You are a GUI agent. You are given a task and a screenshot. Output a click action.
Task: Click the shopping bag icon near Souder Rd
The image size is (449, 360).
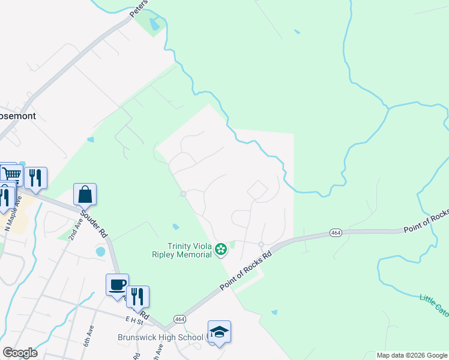point(85,194)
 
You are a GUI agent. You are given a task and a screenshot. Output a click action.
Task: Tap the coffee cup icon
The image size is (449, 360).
point(117,284)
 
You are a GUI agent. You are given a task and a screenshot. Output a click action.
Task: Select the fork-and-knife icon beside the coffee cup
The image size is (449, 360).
point(137,296)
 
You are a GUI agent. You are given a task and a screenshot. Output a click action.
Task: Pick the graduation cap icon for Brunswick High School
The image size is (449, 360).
point(219,332)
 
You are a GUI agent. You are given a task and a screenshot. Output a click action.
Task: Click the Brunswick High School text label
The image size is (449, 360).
point(160,337)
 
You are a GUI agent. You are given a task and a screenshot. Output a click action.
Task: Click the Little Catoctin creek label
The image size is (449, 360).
point(433,303)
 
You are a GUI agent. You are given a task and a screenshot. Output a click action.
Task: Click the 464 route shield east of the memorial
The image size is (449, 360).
point(334,232)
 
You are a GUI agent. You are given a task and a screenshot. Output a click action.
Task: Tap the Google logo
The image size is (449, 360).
point(19,353)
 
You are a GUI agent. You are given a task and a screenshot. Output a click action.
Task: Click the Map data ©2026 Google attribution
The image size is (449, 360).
point(412,355)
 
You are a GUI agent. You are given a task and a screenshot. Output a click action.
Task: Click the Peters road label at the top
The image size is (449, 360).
point(139,8)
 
